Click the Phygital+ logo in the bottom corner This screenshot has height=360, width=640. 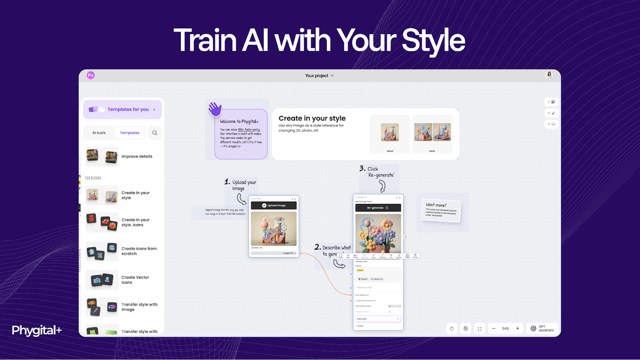(37, 331)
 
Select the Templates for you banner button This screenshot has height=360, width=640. (123, 109)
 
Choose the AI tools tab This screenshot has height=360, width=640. (99, 133)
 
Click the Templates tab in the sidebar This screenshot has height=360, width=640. (130, 133)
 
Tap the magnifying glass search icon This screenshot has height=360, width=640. (155, 133)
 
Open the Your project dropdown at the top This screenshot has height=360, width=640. (319, 76)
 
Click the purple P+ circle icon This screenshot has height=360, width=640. (91, 76)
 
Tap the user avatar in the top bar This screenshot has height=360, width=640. (549, 75)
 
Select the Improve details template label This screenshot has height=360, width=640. (137, 157)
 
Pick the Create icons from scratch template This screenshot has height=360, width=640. (139, 251)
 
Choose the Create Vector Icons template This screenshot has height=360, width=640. (135, 280)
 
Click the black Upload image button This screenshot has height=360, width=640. (274, 205)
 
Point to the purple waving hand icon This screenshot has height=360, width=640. (215, 109)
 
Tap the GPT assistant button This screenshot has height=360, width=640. (542, 329)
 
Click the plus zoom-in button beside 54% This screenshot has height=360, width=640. (518, 329)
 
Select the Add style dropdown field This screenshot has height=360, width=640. (378, 318)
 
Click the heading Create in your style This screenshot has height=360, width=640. (312, 118)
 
